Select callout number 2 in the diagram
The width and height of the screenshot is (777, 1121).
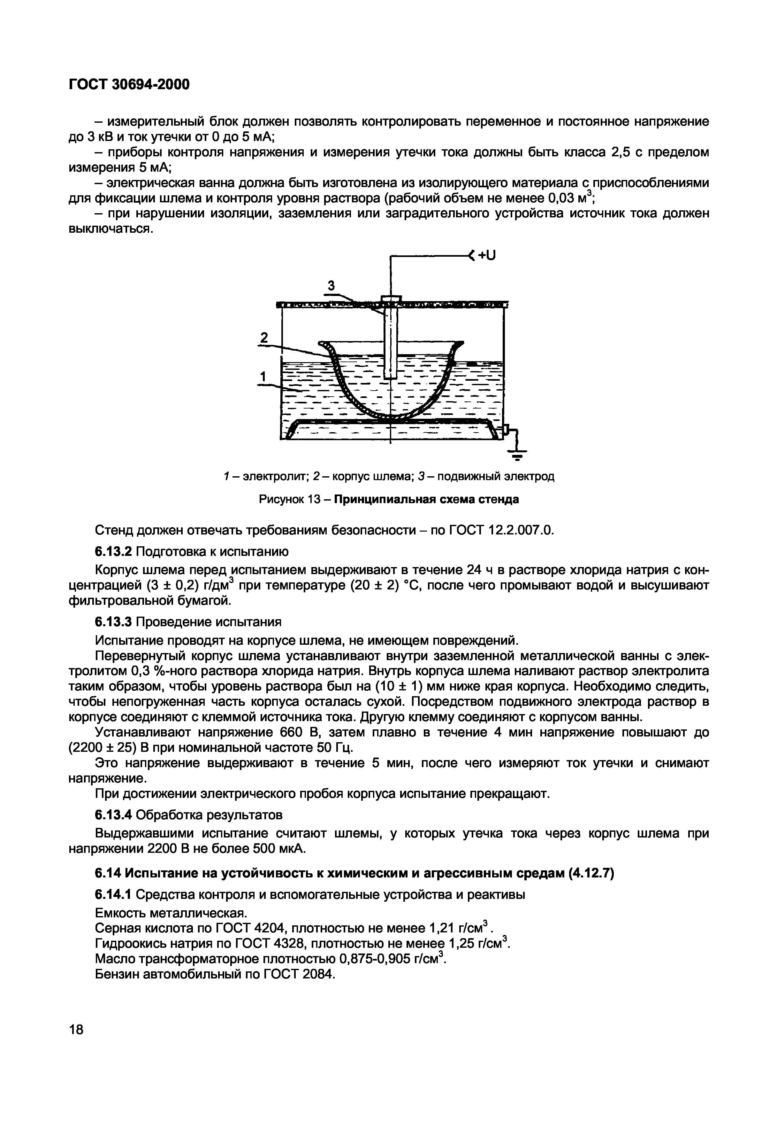tap(264, 338)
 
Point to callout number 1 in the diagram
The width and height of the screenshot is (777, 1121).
tap(263, 377)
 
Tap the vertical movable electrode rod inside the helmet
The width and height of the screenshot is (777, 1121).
tap(391, 341)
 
